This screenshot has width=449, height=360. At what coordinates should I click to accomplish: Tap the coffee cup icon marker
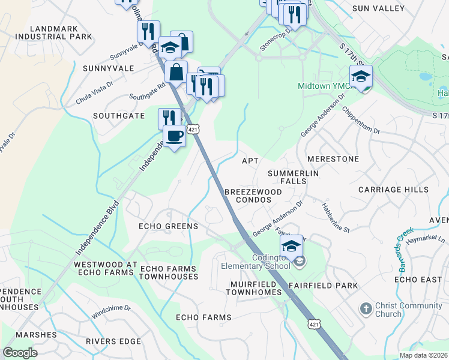click(174, 136)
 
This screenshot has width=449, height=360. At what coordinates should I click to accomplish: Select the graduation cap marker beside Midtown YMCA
click(361, 77)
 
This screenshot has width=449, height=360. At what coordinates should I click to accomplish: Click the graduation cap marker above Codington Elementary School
click(291, 246)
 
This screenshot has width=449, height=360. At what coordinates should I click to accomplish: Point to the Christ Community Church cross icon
click(366, 309)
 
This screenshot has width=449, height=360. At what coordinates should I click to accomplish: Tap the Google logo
click(20, 353)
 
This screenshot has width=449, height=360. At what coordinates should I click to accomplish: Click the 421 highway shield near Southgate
click(193, 130)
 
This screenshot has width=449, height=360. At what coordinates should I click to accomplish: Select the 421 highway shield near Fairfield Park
click(313, 324)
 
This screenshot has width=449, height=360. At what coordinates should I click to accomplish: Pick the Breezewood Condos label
click(253, 195)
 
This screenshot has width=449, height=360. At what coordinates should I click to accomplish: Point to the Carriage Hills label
click(393, 189)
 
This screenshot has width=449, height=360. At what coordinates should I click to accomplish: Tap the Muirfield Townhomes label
click(253, 287)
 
